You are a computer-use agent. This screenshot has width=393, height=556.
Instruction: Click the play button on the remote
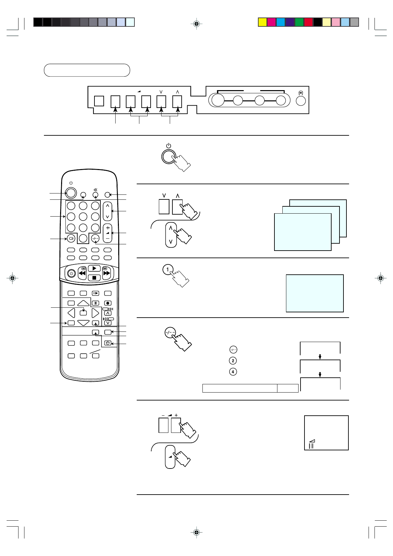tap(94, 268)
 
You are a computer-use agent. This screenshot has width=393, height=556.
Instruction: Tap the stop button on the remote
tap(94, 278)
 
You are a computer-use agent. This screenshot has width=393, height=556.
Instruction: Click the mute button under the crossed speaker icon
tap(95, 195)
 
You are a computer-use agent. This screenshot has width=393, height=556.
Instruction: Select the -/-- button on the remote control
tap(95, 238)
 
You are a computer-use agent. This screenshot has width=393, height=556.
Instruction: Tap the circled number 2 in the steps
tap(233, 361)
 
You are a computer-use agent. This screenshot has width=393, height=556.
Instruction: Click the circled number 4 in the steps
tap(233, 372)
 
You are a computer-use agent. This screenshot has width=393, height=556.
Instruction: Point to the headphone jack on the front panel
tap(301, 100)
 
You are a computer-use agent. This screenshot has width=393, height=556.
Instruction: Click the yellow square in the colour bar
tap(263, 22)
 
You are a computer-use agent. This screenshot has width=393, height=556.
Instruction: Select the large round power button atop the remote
tap(71, 193)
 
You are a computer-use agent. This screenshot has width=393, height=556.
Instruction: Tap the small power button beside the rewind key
tap(71, 273)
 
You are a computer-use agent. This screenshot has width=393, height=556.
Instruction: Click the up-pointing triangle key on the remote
tap(84, 303)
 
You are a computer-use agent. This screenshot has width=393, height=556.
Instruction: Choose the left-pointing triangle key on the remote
tap(71, 313)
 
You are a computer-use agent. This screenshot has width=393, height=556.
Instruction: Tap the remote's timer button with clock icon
tap(108, 343)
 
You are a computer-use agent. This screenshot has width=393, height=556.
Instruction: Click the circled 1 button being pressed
tap(167, 269)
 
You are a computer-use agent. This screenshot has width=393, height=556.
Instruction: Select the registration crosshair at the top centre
tap(196, 24)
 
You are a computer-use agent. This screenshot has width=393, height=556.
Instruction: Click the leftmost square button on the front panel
tap(99, 101)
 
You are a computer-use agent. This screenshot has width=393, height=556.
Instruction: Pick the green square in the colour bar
tap(299, 22)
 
